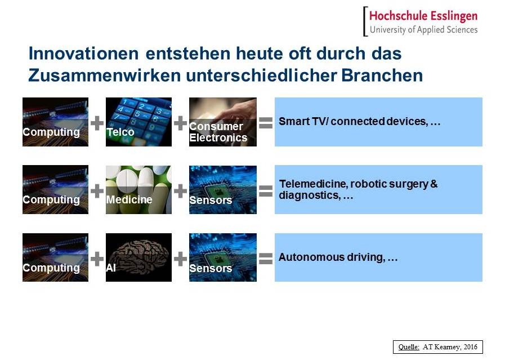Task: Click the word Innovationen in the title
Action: point(84,53)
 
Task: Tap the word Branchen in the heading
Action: point(382,75)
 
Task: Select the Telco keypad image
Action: point(139,122)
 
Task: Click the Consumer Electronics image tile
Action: point(223,122)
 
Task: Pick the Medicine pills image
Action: point(139,189)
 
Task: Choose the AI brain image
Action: point(139,257)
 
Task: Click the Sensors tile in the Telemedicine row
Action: point(223,189)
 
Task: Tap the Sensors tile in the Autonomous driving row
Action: point(223,257)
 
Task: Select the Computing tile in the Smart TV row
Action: point(55,122)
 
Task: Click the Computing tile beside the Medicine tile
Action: point(55,189)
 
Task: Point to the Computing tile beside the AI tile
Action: point(55,257)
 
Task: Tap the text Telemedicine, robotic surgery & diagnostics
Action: point(358,189)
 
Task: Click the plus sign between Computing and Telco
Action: point(97,123)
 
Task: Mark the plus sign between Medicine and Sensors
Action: point(180,191)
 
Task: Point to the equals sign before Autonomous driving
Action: point(266,259)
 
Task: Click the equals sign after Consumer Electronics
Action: point(266,123)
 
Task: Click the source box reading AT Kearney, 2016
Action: point(437,347)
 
